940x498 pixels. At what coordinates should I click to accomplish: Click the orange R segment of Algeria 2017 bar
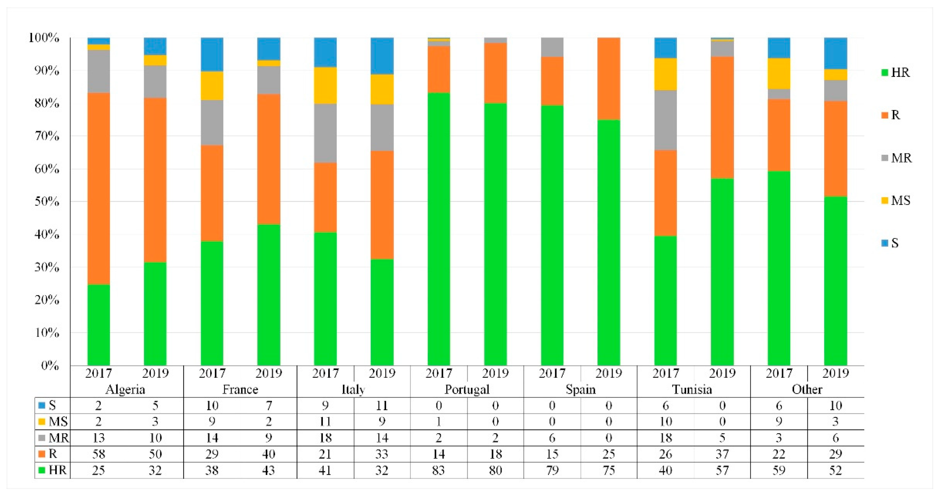98,189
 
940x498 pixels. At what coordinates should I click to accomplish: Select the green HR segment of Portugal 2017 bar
439,229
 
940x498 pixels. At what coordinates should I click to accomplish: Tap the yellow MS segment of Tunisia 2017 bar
665,74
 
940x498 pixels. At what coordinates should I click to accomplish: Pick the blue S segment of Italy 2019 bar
382,56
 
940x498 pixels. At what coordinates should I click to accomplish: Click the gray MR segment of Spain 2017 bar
552,47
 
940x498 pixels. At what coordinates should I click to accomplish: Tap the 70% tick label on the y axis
47,136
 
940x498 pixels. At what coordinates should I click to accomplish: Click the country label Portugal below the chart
467,389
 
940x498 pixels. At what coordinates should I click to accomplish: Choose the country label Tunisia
692,389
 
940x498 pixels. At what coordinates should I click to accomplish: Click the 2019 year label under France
269,373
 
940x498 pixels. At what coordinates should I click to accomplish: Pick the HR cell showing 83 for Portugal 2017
438,470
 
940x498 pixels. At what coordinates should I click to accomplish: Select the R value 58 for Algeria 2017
98,454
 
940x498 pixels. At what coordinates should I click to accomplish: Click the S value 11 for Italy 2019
382,405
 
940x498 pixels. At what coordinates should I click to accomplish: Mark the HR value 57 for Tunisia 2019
722,470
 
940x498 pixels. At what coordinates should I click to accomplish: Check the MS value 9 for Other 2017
779,421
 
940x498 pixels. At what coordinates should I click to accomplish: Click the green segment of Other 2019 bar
835,281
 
